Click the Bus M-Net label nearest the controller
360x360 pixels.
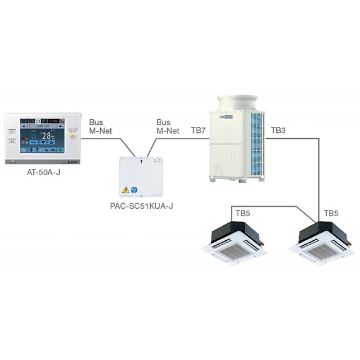pos(100,126)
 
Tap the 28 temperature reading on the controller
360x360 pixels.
pos(46,136)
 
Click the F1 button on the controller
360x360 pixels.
pos(12,133)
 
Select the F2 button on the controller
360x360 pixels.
pos(12,143)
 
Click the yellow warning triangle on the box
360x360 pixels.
pos(126,190)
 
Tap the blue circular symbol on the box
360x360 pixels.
pos(134,190)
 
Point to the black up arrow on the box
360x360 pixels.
pos(141,160)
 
